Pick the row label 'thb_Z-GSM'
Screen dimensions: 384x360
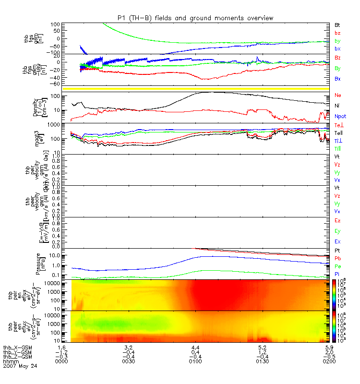(x=17, y=356)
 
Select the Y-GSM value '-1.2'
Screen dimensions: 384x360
(x=61, y=352)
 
